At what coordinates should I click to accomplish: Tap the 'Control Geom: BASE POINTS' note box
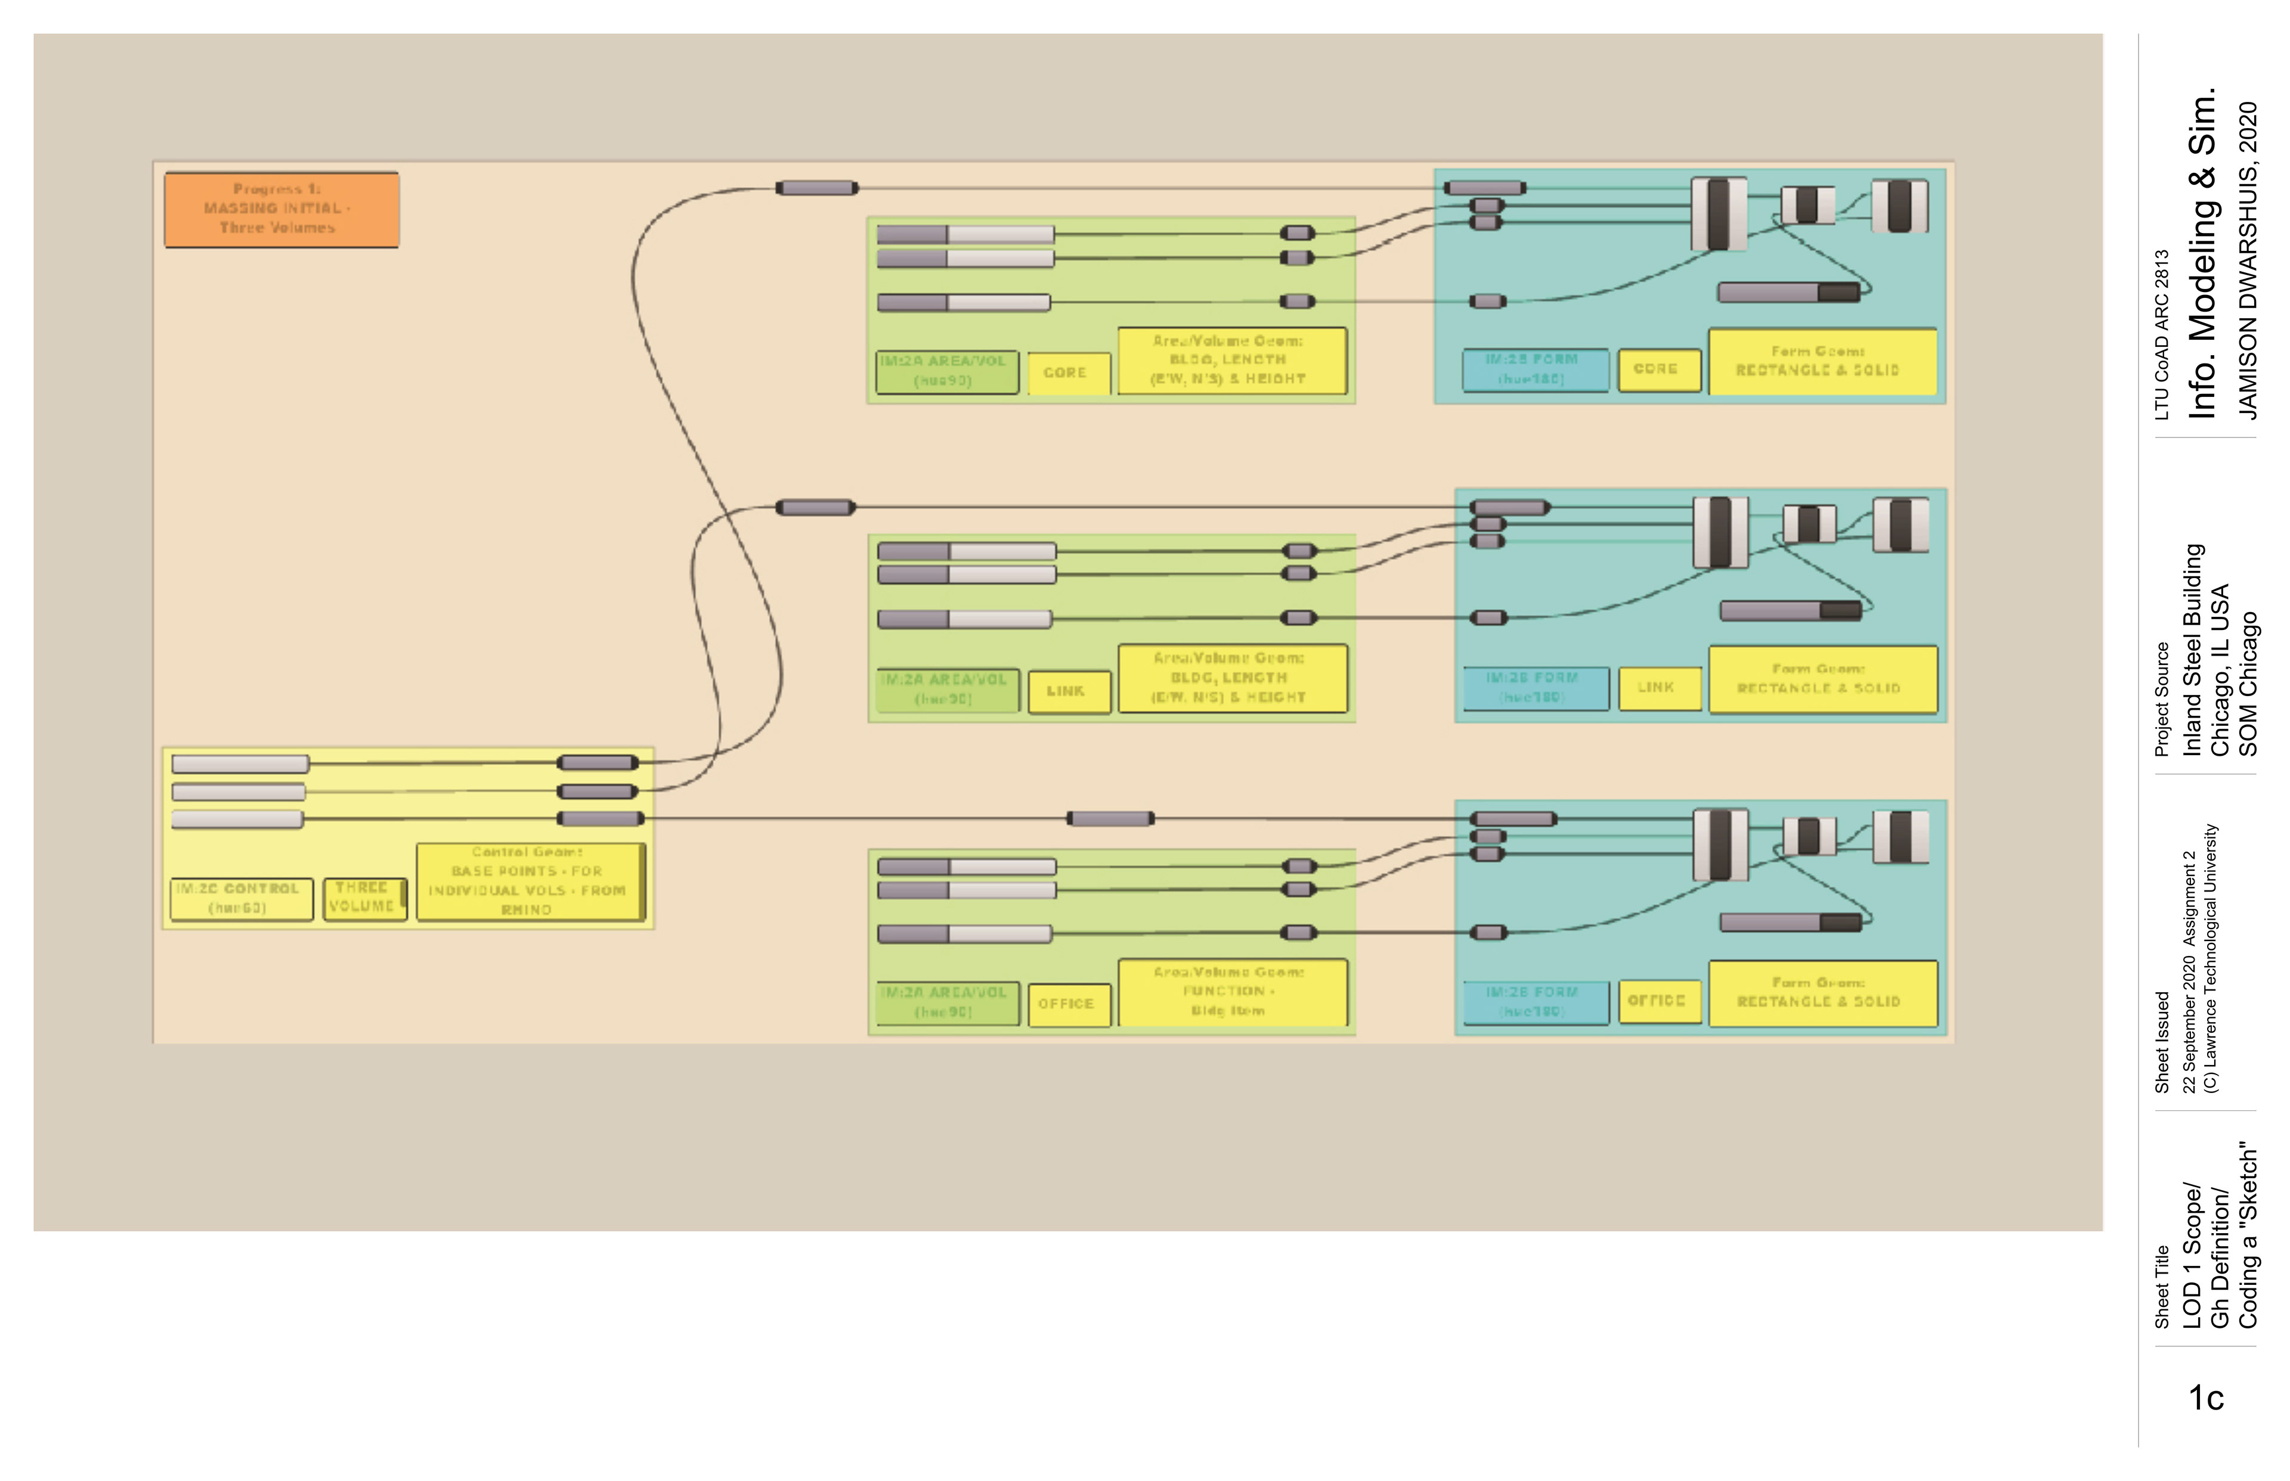529,881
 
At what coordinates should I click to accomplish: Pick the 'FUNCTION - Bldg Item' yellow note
1231,992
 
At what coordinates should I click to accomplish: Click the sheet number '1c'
2207,1398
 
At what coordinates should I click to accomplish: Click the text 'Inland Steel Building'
2193,650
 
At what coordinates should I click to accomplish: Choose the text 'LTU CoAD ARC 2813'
2163,335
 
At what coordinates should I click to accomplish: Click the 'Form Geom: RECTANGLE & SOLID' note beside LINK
1821,679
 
